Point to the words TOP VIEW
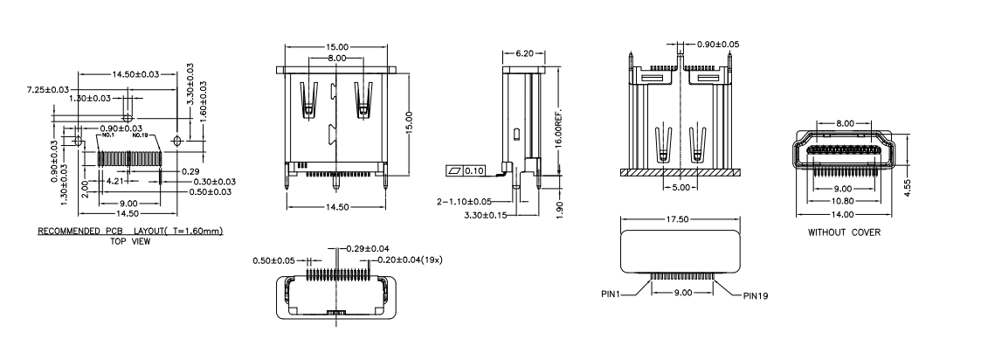click(129, 241)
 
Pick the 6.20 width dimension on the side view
click(525, 53)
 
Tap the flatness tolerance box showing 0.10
click(467, 170)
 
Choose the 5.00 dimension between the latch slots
click(680, 187)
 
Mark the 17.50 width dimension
click(681, 220)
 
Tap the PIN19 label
click(756, 295)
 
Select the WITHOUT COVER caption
click(844, 232)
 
